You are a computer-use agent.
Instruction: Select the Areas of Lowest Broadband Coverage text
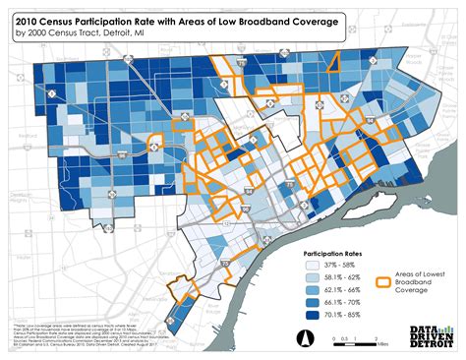418,278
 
